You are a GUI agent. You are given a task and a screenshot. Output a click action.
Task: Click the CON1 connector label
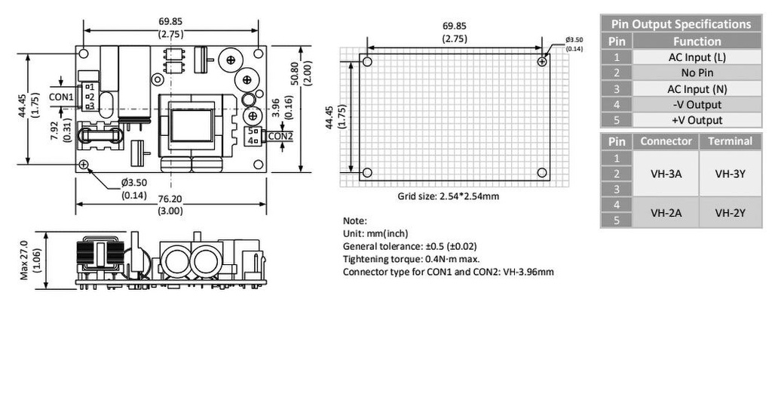[x=61, y=97]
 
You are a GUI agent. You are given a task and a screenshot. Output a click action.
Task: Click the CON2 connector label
[x=280, y=136]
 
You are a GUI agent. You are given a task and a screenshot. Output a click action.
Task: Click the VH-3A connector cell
[x=666, y=173]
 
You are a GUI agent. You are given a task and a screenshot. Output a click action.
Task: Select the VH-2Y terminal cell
[x=730, y=213]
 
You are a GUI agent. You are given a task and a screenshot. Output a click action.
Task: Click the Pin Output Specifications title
[x=681, y=24]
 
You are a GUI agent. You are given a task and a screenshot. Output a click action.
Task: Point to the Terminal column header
[x=730, y=141]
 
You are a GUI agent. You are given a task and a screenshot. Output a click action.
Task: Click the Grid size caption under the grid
[x=449, y=196]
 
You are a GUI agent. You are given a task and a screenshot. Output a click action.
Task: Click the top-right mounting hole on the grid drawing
[x=542, y=62]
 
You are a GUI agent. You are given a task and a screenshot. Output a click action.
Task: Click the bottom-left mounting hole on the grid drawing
[x=367, y=173]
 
